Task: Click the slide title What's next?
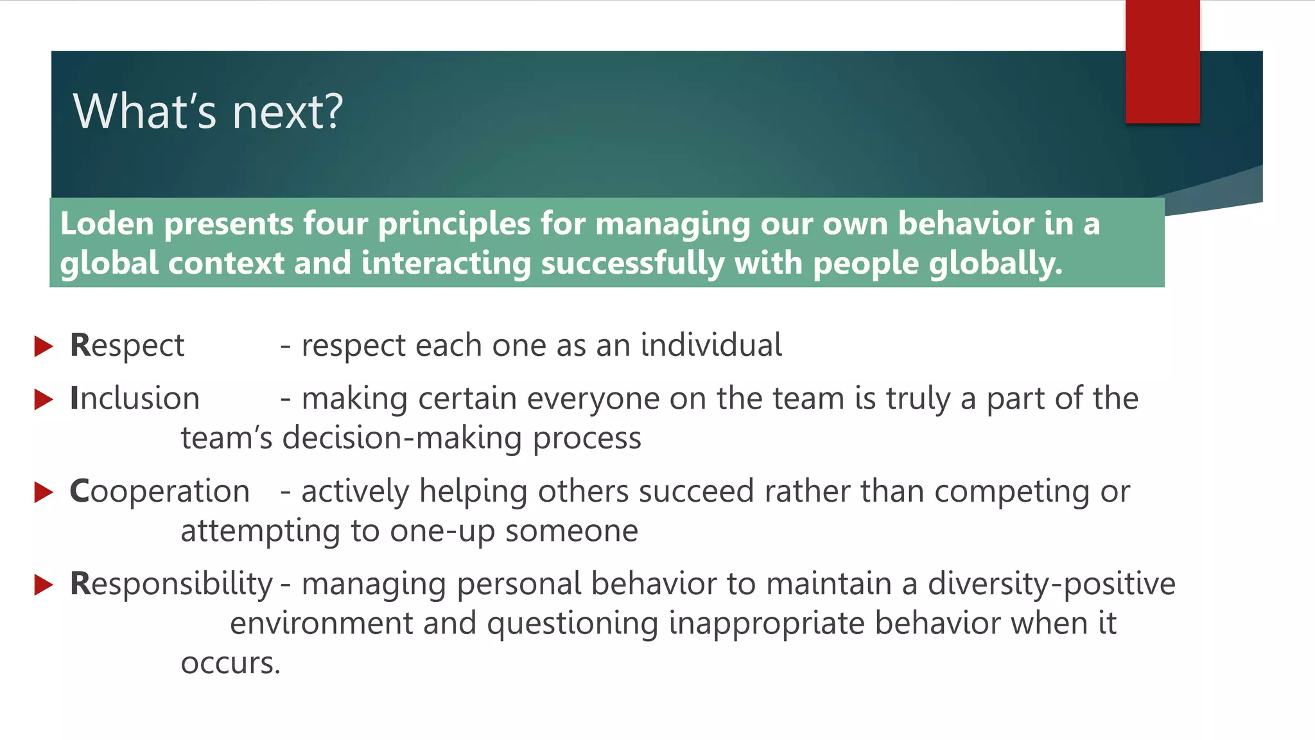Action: pos(208,112)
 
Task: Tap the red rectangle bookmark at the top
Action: pos(1162,62)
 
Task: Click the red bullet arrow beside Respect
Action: pos(43,346)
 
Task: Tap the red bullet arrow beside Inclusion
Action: pos(43,400)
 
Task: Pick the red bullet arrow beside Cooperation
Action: pos(43,492)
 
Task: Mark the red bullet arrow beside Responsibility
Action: pos(43,585)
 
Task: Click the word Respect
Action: pos(127,346)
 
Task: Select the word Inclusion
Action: pos(135,398)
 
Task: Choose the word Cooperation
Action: pos(159,491)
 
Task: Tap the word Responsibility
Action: pos(171,584)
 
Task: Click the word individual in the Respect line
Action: pos(711,345)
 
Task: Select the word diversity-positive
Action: pos(1051,584)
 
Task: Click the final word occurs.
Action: pos(231,664)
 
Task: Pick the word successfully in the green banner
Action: pos(632,264)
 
